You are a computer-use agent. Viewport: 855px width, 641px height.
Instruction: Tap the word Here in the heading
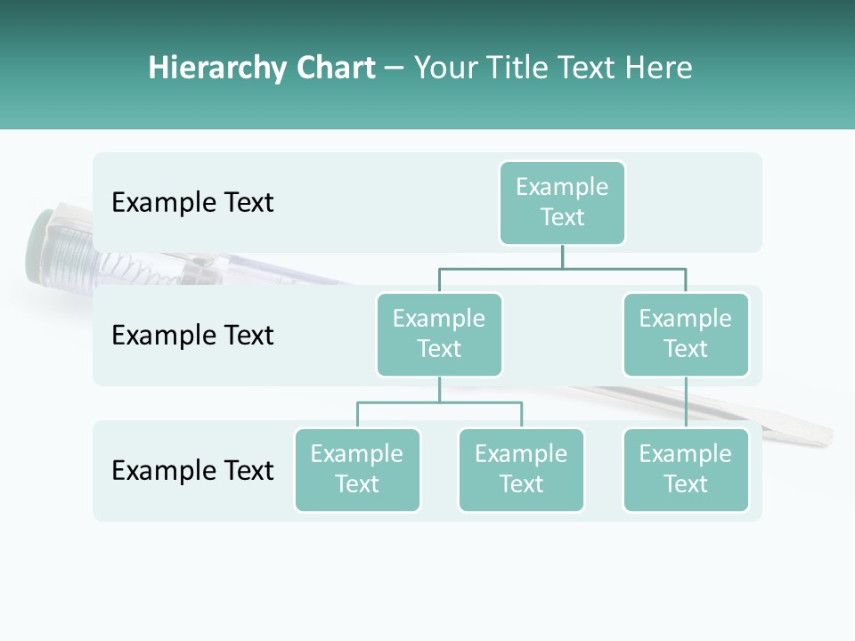659,69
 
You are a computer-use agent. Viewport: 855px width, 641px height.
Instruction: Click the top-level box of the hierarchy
562,202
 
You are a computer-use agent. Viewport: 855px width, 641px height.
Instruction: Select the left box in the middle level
439,334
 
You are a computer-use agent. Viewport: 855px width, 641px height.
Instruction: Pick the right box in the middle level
686,334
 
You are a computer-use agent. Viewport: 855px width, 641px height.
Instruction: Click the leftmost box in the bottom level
357,469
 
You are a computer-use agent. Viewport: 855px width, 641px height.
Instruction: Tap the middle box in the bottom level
521,469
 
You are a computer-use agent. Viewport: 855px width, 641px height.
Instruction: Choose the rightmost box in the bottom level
686,469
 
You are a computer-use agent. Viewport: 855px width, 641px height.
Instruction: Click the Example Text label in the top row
192,203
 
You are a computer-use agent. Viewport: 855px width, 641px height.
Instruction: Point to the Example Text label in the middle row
192,336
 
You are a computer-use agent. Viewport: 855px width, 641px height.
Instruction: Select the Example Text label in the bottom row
192,470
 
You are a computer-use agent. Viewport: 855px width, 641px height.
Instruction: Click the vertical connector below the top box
562,256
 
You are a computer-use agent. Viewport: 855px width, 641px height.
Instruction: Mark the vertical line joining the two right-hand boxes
686,402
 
